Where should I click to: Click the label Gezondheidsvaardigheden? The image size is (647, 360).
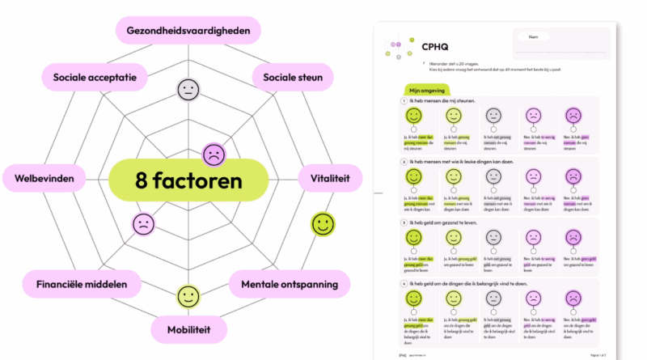pyautogui.click(x=188, y=32)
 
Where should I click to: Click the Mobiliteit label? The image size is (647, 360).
pyautogui.click(x=188, y=330)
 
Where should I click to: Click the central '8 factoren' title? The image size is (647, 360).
pyautogui.click(x=188, y=180)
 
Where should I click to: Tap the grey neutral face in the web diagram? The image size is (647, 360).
pyautogui.click(x=188, y=89)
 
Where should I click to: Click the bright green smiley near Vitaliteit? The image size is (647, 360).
pyautogui.click(x=322, y=224)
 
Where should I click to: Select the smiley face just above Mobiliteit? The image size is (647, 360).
pyautogui.click(x=188, y=296)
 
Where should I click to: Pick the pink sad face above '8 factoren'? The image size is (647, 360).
pyautogui.click(x=214, y=153)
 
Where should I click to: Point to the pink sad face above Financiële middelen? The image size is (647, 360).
pyautogui.click(x=143, y=223)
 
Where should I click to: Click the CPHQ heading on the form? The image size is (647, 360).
pyautogui.click(x=436, y=47)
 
